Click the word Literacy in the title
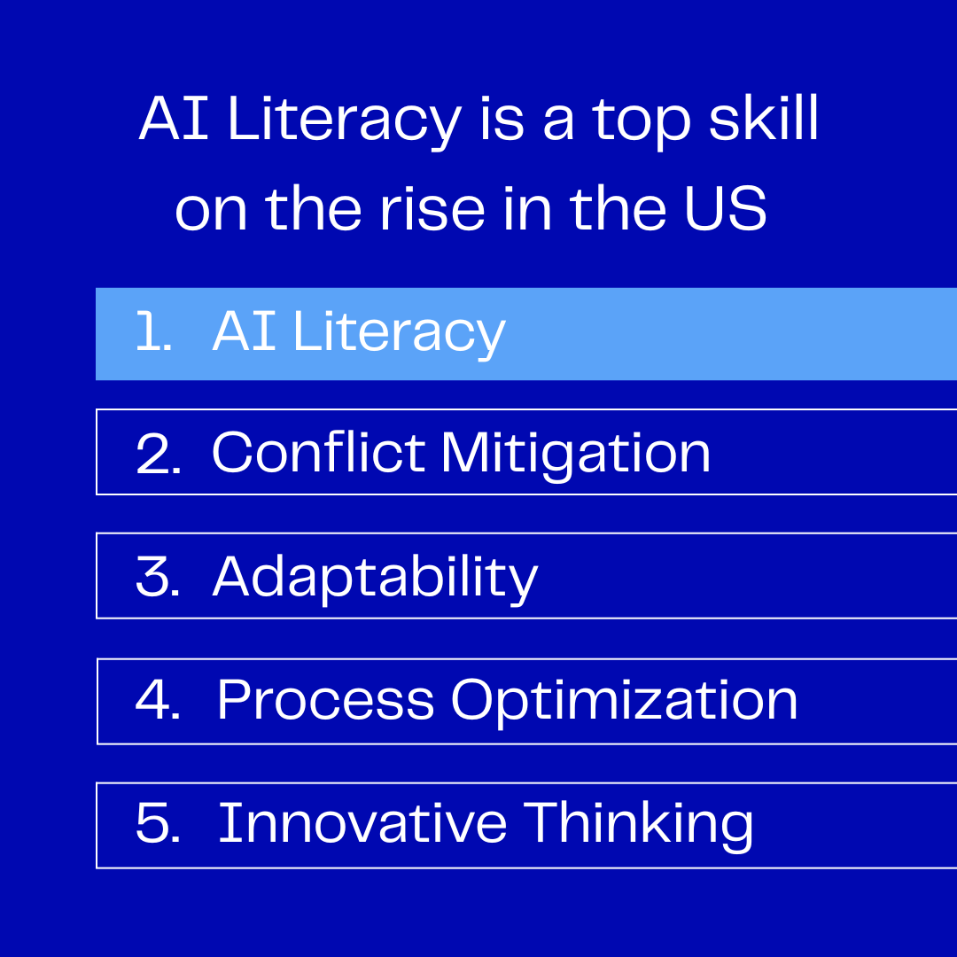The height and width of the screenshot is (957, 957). [345, 120]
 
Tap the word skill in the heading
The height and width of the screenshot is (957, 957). [763, 118]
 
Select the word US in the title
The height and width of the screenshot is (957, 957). [725, 209]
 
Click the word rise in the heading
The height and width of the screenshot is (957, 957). [432, 209]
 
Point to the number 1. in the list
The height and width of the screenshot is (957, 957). [153, 331]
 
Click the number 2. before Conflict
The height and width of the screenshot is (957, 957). [158, 453]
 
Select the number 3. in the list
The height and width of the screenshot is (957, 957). [158, 576]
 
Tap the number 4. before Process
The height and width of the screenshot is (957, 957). [158, 699]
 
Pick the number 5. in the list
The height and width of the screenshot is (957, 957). [158, 822]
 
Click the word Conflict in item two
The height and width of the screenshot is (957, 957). [318, 452]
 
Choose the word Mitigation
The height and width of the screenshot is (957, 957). [576, 455]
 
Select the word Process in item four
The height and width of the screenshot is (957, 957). [326, 699]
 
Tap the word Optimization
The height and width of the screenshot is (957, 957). [625, 703]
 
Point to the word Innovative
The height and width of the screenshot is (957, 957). [362, 822]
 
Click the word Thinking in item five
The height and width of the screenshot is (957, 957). [638, 826]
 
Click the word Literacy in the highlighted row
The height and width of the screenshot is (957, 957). [400, 333]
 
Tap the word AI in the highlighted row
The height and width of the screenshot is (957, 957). [245, 331]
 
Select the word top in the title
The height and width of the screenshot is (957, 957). [642, 122]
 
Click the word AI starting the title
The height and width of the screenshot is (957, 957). [174, 118]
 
